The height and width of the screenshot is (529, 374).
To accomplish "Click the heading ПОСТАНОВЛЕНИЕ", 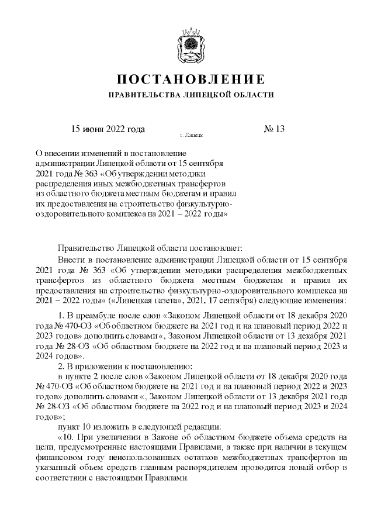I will coord(187,79).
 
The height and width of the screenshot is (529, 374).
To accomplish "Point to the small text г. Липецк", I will coord(191,134).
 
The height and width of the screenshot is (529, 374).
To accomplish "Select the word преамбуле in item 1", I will coord(96,316).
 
